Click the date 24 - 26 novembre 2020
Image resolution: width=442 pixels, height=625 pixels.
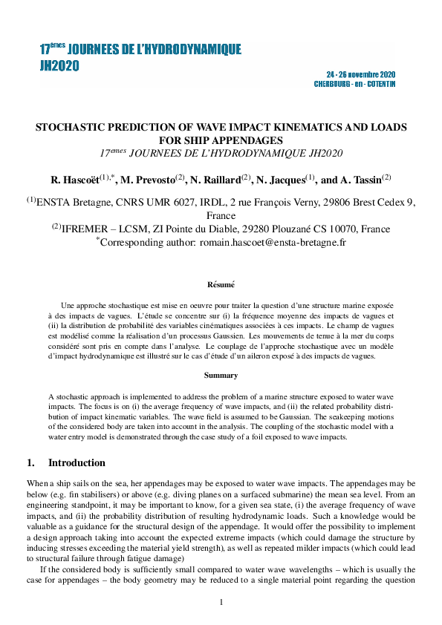point(361,75)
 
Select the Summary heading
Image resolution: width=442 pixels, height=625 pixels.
point(221,375)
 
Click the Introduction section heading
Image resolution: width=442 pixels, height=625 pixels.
point(77,462)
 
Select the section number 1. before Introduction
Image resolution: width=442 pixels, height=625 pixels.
point(30,462)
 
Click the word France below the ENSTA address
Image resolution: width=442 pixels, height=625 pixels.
point(221,215)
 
